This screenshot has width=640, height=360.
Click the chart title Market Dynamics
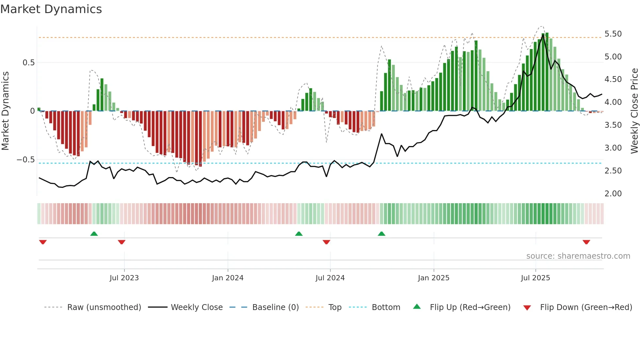click(51, 9)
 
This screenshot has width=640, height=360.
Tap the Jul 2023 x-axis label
click(124, 278)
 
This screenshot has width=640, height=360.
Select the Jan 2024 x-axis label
click(228, 278)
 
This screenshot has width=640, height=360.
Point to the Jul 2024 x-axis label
click(330, 278)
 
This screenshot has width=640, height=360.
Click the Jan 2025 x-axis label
click(434, 278)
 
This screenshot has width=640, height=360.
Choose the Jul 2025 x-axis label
click(536, 278)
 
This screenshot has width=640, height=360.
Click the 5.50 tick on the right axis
click(613, 34)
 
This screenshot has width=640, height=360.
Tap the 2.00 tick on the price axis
click(613, 194)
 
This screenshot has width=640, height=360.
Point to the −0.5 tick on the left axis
click(26, 160)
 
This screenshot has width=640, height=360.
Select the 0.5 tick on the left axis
click(28, 63)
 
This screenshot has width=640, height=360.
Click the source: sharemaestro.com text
click(578, 256)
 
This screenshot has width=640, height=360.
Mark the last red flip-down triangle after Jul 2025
click(586, 242)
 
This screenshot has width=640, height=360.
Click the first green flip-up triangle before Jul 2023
click(94, 234)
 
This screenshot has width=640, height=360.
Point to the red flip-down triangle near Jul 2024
click(326, 242)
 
